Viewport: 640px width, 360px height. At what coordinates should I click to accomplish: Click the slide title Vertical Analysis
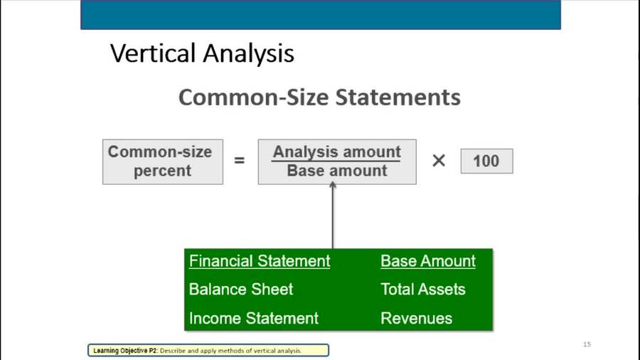[x=202, y=53]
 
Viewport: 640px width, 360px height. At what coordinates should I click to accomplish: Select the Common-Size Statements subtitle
[x=319, y=97]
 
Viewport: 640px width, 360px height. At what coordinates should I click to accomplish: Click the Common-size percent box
[x=162, y=162]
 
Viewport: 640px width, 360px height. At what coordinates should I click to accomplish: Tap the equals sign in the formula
[x=240, y=161]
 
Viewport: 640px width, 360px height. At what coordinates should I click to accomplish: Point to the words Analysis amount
[x=337, y=152]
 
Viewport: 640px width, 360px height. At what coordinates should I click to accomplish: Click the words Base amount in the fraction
[x=337, y=171]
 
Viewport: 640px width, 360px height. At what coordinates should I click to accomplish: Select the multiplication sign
[x=439, y=161]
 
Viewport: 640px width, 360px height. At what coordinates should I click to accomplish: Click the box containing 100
[x=486, y=161]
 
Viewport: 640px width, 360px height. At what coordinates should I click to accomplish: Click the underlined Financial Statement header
[x=260, y=261]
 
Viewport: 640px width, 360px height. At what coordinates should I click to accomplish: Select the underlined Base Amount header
[x=428, y=261]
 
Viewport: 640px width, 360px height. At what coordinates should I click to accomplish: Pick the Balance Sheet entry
[x=241, y=290]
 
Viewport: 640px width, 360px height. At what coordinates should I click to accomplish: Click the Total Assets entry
[x=423, y=290]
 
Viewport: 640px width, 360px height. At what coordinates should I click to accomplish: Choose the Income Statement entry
[x=254, y=318]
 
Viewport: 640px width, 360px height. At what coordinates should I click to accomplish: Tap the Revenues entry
[x=417, y=318]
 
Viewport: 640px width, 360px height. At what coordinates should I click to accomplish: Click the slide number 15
[x=587, y=344]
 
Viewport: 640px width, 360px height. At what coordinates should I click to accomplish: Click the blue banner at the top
[x=320, y=14]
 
